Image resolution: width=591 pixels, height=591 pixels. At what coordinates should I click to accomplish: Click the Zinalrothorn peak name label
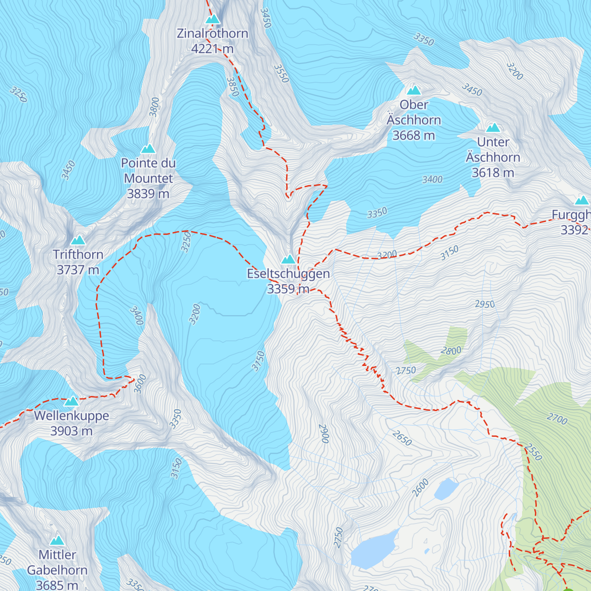coord(212,33)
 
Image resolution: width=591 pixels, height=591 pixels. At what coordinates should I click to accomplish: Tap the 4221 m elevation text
coord(212,49)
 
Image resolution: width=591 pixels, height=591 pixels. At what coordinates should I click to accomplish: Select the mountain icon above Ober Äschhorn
coord(414,90)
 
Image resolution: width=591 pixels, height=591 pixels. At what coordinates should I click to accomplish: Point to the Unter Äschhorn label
coord(493,150)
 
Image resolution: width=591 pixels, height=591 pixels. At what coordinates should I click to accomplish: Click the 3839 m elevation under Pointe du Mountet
coord(148,194)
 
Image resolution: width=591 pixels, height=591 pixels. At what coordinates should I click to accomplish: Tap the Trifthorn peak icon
coord(78,240)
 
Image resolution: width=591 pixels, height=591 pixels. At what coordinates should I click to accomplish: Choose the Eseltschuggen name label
coord(288,274)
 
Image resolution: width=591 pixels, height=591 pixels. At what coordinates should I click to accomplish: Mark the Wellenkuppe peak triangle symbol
coord(71,401)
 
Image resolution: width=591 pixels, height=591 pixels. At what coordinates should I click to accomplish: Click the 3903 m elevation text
coord(71,431)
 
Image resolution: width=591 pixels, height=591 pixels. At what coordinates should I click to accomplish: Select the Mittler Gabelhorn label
coord(57,562)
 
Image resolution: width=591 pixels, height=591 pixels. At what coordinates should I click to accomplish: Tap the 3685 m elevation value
coord(57,585)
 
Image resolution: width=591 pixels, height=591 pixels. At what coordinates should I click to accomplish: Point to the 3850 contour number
coord(232,86)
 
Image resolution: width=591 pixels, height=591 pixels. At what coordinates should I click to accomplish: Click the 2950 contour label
coord(485,304)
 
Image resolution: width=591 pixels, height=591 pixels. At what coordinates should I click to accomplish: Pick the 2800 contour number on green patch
coord(451,351)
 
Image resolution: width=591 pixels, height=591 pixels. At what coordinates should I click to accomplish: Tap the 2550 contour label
coord(533,453)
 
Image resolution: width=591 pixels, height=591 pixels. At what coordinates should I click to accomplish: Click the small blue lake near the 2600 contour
coord(446,489)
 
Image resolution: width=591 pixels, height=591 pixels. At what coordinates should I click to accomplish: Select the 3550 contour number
coord(281,73)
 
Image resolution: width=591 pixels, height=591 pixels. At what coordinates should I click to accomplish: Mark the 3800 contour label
coord(155,107)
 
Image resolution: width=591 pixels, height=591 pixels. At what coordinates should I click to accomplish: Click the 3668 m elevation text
coord(414,135)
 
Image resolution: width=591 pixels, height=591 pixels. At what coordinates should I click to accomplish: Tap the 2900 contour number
coord(324,434)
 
